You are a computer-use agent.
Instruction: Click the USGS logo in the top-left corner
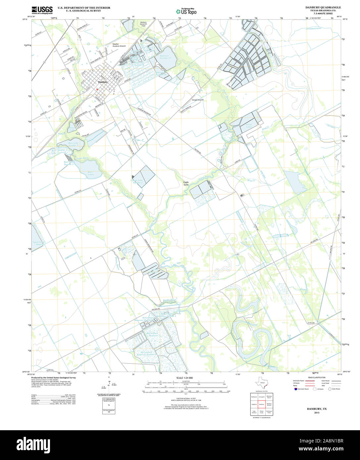coord(42,10)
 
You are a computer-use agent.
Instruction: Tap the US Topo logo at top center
coord(186,11)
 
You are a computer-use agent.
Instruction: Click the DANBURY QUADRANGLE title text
coord(323,7)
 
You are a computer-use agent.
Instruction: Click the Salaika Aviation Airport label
coord(118,45)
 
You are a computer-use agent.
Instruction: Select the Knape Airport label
coord(198,100)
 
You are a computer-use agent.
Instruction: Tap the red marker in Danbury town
coord(97,89)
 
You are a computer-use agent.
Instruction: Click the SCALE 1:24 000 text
coord(184,378)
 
